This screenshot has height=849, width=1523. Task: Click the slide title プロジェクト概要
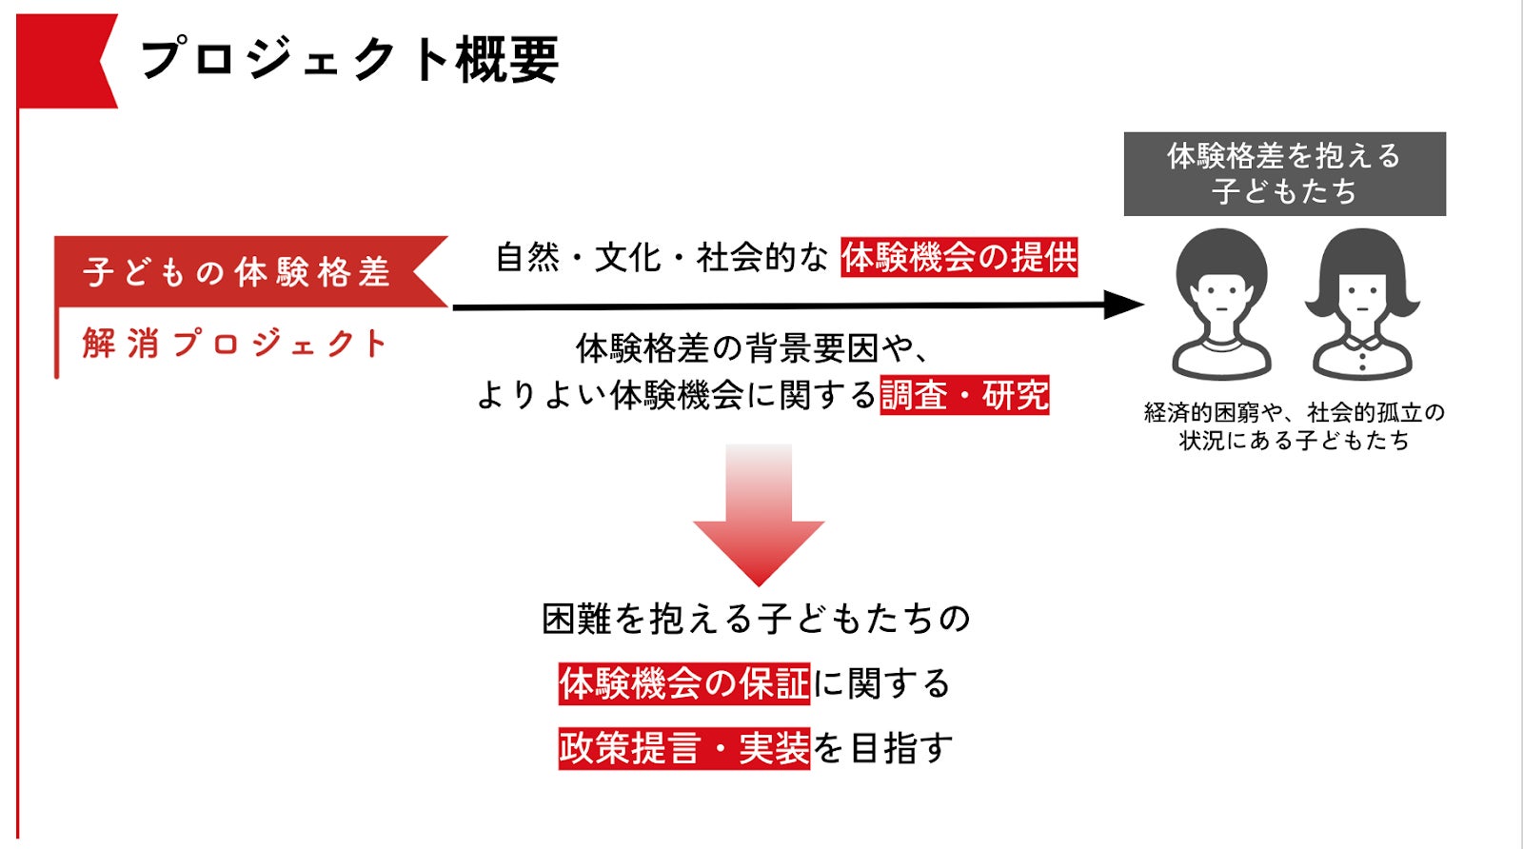click(x=349, y=59)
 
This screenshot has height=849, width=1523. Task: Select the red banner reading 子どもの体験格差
click(x=238, y=272)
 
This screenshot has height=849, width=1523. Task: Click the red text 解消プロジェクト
click(x=234, y=343)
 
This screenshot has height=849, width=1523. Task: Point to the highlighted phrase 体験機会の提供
click(x=959, y=257)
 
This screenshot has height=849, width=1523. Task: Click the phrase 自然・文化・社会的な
click(x=663, y=257)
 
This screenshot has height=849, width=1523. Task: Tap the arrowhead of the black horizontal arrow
click(x=1123, y=305)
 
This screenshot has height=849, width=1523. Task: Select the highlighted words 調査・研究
click(x=964, y=394)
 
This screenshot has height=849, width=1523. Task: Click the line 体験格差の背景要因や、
click(x=752, y=348)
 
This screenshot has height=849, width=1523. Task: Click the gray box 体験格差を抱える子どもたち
click(x=1284, y=173)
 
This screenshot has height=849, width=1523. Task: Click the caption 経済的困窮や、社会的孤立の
click(x=1294, y=412)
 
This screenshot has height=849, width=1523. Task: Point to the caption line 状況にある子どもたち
click(x=1294, y=440)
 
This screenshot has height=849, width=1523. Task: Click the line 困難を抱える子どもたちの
click(x=757, y=619)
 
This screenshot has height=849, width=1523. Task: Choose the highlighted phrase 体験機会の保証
click(x=683, y=683)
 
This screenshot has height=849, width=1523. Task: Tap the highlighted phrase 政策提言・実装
click(x=683, y=748)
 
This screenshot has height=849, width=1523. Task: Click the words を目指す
click(x=882, y=748)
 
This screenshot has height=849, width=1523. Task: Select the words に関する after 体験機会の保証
click(x=882, y=683)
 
